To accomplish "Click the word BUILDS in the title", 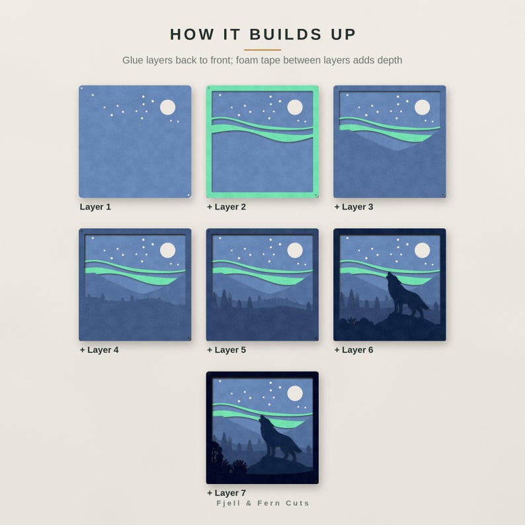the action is coord(286,34).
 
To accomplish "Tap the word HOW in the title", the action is coord(192,34).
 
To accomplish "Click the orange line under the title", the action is coord(262,50).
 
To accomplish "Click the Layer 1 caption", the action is coord(95,207).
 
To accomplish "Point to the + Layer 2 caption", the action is coord(226,207).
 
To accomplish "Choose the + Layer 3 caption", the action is coord(354,207).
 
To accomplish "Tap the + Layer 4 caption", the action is coord(99,350).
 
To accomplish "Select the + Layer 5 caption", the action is coord(226,350).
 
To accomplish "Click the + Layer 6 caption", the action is coord(354,350).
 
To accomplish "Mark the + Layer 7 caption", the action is coord(226,493).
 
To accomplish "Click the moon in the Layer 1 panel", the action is coord(168,107).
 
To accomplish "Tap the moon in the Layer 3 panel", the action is coord(423,107).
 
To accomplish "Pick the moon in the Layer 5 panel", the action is coord(295,250).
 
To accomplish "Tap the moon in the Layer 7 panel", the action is coord(295,393).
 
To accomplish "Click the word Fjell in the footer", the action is coord(229,503).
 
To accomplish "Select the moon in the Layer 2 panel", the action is coord(295,107).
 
